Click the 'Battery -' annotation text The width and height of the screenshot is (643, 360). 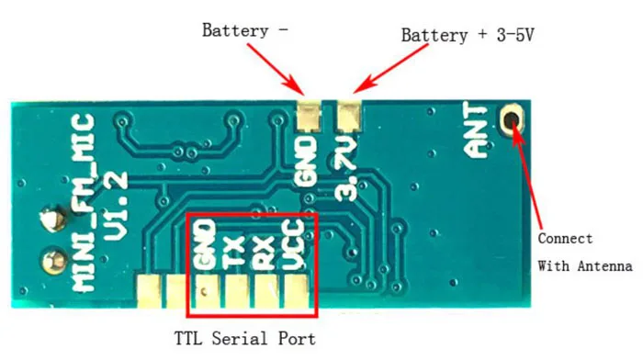pyautogui.click(x=244, y=30)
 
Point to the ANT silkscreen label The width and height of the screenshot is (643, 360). pyautogui.click(x=479, y=138)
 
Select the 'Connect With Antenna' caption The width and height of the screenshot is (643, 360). pyautogui.click(x=584, y=253)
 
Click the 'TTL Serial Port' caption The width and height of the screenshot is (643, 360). pyautogui.click(x=245, y=338)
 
